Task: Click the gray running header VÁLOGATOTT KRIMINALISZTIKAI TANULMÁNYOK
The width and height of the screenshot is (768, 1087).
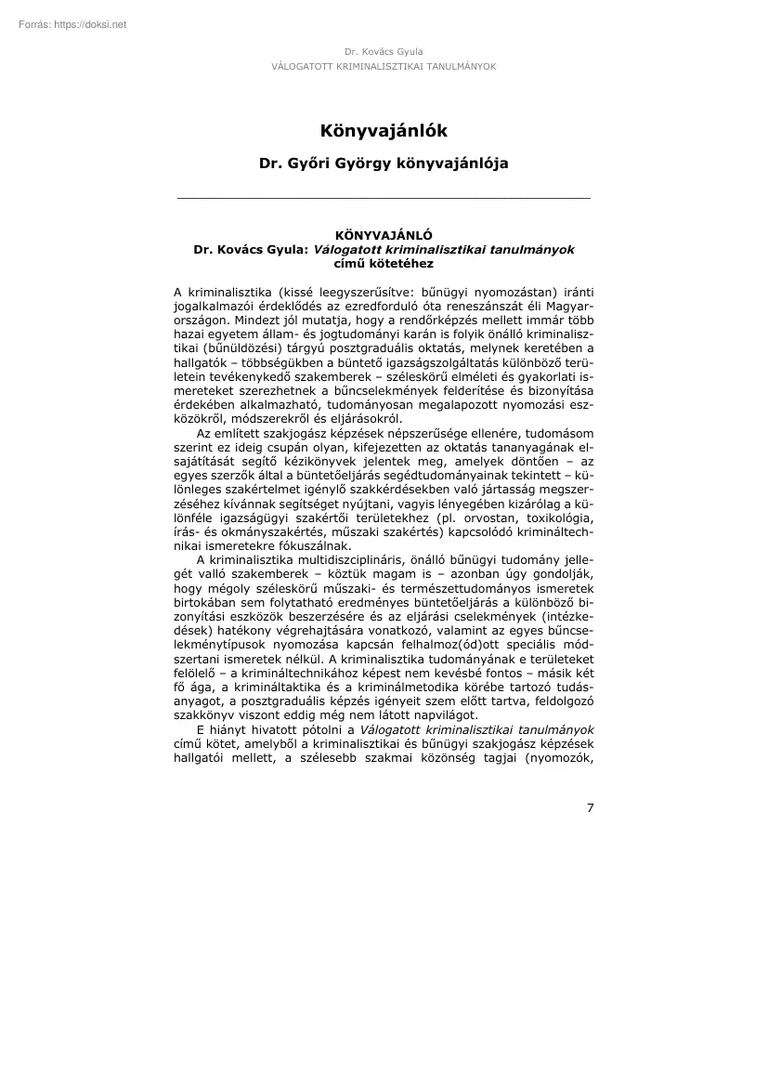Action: coord(384,67)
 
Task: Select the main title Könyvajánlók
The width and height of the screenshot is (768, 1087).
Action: coord(384,131)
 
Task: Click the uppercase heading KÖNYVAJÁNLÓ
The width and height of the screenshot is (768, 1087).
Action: coord(384,236)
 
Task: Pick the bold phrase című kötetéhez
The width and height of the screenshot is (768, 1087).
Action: coord(384,263)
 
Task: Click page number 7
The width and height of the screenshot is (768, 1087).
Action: coord(590,806)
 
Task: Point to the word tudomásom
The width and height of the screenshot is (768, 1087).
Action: coord(560,433)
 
